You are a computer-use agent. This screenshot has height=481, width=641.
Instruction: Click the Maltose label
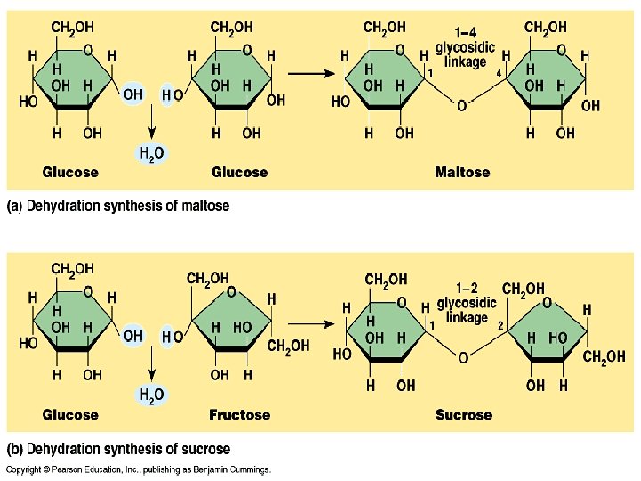click(462, 171)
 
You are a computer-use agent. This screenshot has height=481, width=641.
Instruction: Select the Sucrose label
click(463, 414)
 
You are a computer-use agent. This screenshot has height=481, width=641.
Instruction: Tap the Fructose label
click(239, 414)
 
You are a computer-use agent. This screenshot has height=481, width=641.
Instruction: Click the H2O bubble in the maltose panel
click(151, 153)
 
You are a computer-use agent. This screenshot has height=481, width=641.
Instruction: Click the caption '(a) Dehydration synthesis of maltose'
click(118, 206)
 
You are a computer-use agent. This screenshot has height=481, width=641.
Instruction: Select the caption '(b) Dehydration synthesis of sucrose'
click(118, 449)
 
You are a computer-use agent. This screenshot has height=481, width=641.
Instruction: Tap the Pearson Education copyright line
click(138, 469)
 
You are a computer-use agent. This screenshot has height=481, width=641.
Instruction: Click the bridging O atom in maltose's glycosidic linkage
click(461, 106)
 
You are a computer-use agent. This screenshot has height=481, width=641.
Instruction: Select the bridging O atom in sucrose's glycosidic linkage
click(463, 358)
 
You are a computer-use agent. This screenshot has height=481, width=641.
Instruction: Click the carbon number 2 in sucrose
click(500, 326)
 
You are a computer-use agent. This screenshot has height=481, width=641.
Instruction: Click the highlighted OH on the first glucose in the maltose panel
click(133, 93)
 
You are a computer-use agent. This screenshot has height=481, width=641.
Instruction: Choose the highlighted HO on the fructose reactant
click(173, 336)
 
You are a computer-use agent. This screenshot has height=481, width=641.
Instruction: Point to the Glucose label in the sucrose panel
click(70, 414)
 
